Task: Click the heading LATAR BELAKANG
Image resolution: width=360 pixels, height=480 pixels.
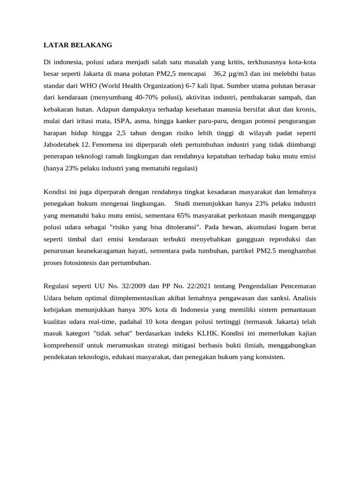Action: (78, 45)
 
